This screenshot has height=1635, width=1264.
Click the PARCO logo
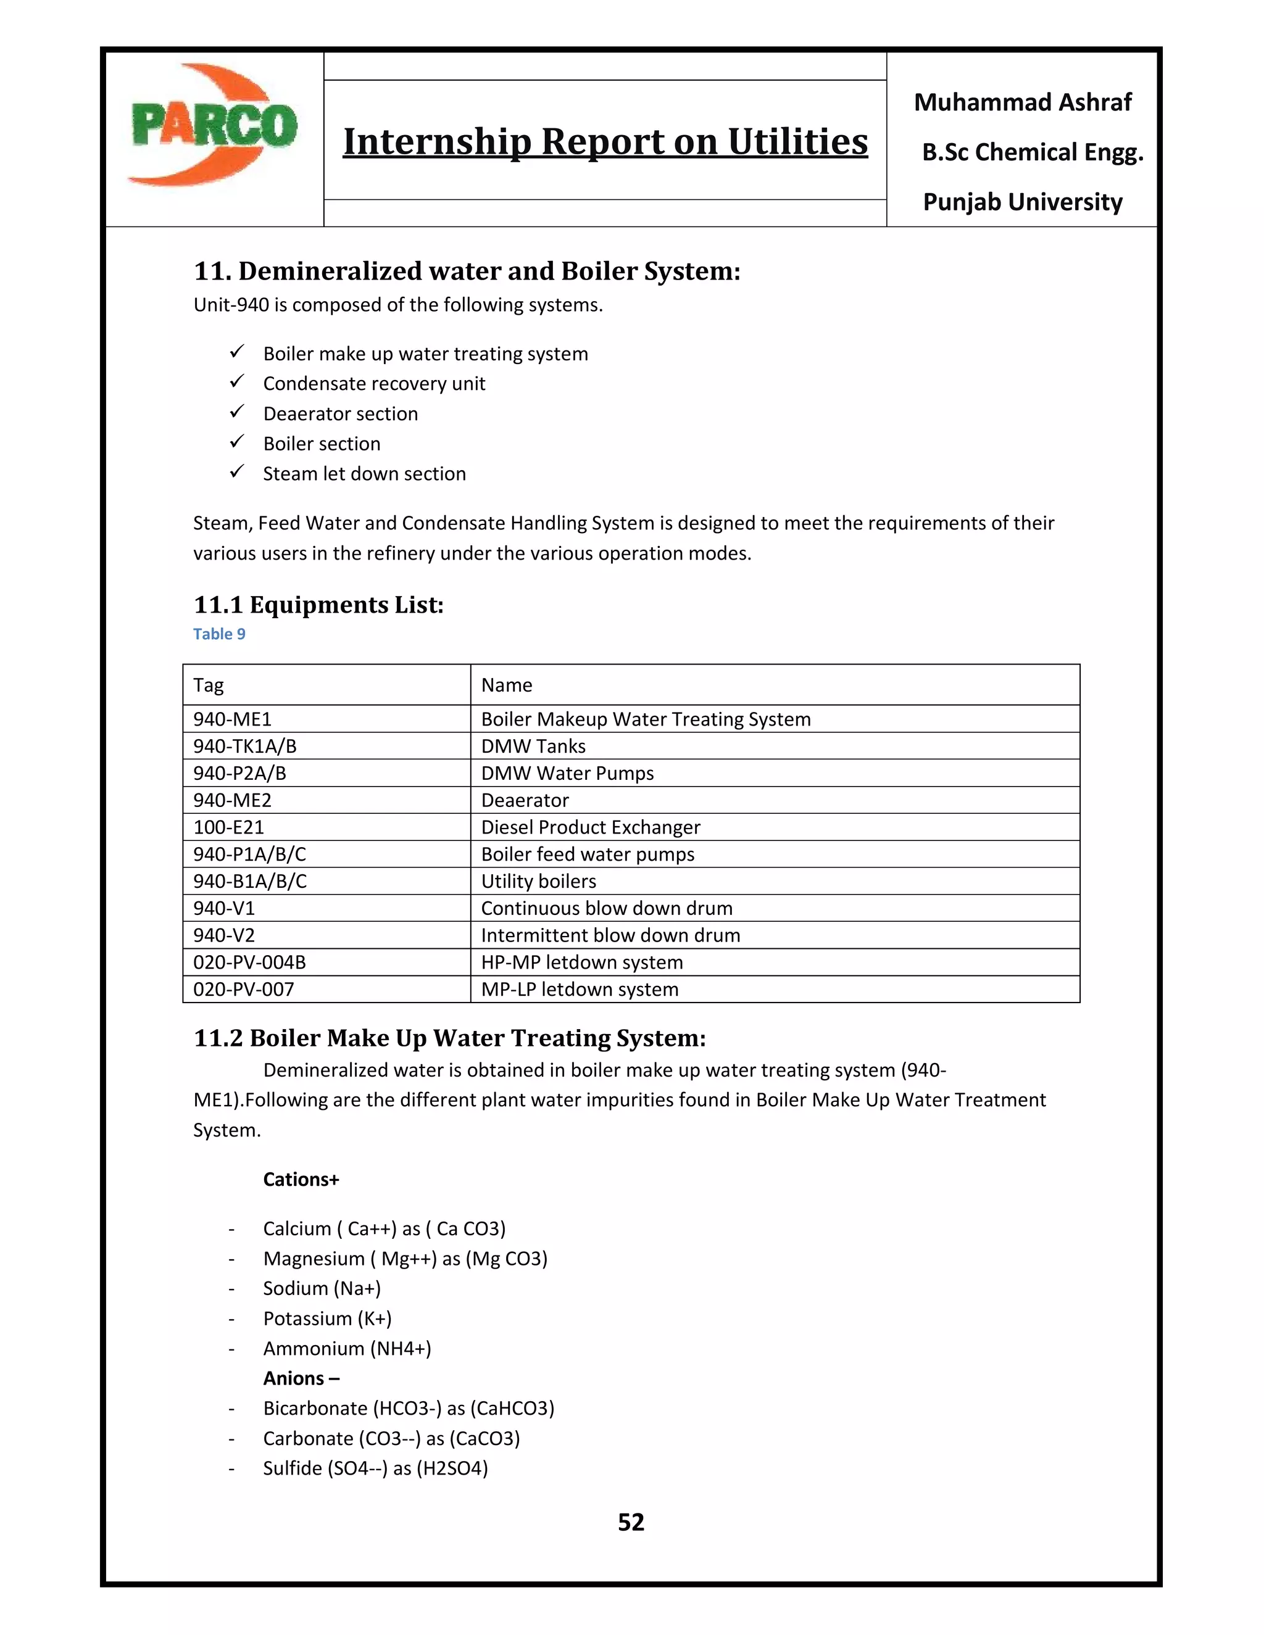tap(214, 125)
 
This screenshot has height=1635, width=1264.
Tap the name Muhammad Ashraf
tap(1022, 102)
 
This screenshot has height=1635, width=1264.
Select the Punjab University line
tap(1022, 202)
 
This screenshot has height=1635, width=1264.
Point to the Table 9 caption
tap(218, 634)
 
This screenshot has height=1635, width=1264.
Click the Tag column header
tap(209, 685)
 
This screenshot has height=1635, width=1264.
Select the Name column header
tap(506, 685)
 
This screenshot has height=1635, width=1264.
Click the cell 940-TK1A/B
tap(245, 747)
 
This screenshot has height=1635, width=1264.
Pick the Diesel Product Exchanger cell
tap(590, 827)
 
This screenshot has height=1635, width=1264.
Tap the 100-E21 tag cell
tap(228, 827)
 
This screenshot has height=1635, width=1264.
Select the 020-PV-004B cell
tap(249, 962)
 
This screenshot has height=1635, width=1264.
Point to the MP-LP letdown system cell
tap(580, 989)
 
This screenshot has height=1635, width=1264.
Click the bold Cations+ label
tap(301, 1180)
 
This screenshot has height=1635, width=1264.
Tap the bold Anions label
tap(301, 1378)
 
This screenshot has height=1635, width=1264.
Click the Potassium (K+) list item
tap(327, 1318)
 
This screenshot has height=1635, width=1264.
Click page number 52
tap(631, 1523)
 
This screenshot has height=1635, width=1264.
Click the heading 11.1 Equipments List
tap(318, 605)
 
